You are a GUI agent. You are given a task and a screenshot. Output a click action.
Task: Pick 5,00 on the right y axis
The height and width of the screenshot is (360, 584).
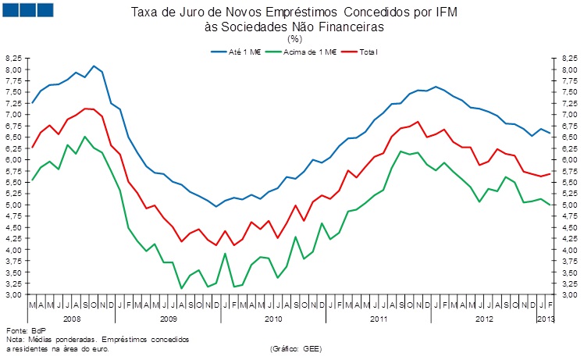click(568, 205)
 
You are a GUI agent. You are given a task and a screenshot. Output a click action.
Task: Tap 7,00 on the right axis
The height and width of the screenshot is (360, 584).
click(568, 115)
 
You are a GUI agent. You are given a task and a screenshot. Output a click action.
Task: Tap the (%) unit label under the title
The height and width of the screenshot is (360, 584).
click(294, 37)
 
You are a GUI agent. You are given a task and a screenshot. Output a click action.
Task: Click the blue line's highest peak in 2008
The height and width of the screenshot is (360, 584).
click(94, 66)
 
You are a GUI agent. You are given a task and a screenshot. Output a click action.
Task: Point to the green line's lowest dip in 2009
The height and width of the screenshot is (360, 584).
click(181, 288)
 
